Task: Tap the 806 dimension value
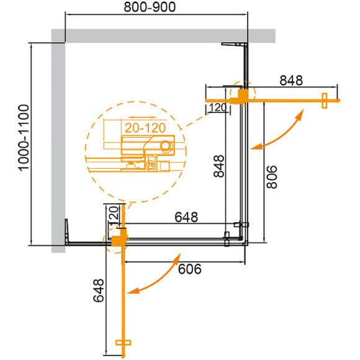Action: click(x=272, y=175)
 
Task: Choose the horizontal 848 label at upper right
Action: click(x=289, y=80)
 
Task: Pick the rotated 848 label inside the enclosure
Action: click(x=219, y=166)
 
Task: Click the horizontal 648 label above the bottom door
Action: click(x=186, y=217)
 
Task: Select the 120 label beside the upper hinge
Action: click(x=216, y=108)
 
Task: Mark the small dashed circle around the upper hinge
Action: click(x=241, y=94)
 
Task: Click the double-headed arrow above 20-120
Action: click(x=136, y=115)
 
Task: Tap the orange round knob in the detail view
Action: click(x=165, y=146)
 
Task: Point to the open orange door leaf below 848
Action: click(x=292, y=99)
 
